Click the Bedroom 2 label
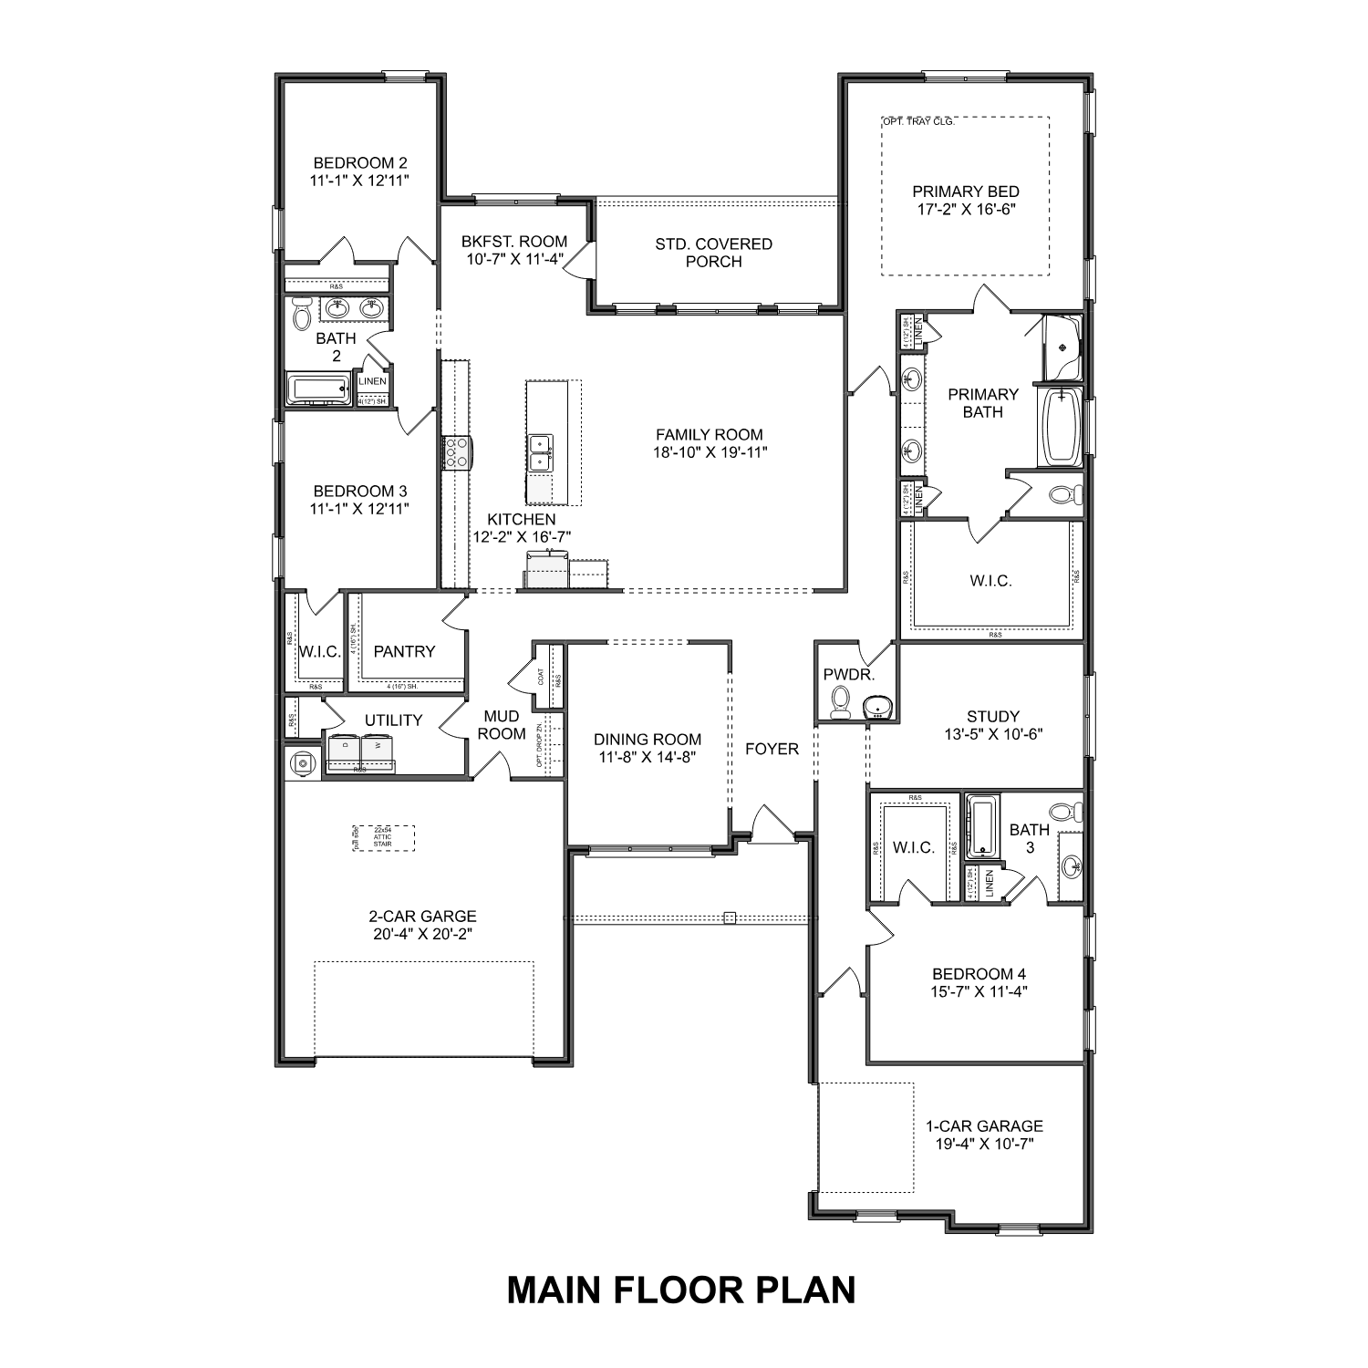click(358, 163)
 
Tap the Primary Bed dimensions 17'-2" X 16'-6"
click(966, 209)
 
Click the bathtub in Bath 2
click(318, 389)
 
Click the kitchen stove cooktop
click(456, 452)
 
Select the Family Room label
click(710, 435)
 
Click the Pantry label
click(404, 651)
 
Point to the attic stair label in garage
click(383, 837)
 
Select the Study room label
click(992, 717)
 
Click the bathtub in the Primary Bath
click(1059, 427)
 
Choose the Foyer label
click(772, 749)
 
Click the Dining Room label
click(648, 740)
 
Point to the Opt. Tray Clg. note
click(917, 121)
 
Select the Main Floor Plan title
click(681, 1290)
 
